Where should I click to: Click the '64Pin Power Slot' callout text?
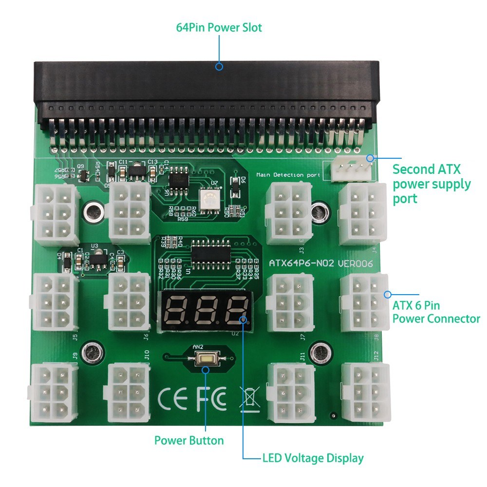[x=219, y=27]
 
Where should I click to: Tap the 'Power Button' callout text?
[x=189, y=441]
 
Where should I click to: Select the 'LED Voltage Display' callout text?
[x=313, y=458]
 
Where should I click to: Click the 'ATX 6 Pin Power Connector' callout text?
[x=436, y=312]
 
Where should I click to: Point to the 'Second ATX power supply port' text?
[x=431, y=184]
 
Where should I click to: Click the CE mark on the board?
[x=173, y=398]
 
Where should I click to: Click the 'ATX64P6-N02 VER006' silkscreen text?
[x=321, y=263]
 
